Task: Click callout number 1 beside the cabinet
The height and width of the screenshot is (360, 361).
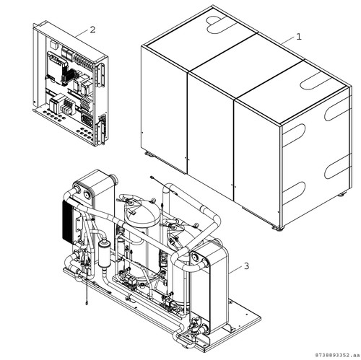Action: (x=298, y=37)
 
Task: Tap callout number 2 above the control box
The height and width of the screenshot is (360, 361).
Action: (x=92, y=30)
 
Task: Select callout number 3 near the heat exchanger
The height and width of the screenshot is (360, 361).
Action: (x=246, y=266)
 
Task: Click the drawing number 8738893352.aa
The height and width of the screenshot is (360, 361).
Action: (x=337, y=355)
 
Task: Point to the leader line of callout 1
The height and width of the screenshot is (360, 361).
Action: (x=287, y=41)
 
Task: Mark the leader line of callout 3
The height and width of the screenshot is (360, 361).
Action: (x=235, y=270)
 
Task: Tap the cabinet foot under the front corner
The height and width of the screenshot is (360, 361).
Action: (x=279, y=228)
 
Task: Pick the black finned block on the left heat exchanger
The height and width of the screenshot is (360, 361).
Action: (x=67, y=221)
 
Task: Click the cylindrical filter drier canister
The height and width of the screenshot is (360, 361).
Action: (x=104, y=255)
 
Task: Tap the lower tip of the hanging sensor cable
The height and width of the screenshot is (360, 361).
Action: (x=86, y=304)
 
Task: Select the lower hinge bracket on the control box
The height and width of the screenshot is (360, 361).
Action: (x=101, y=131)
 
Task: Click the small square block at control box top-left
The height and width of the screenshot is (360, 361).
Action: (x=53, y=45)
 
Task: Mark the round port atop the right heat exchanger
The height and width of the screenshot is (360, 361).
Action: (x=196, y=257)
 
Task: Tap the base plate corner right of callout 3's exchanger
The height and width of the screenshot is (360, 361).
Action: (x=261, y=318)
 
